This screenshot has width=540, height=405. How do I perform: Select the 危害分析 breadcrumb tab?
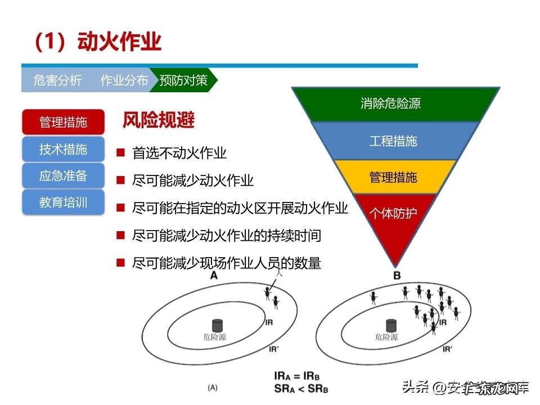tap(57, 80)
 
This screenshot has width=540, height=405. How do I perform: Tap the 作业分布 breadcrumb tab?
tap(124, 80)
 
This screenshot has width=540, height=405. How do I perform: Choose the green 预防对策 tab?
tap(183, 80)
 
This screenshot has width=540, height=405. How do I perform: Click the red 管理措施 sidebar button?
tap(63, 122)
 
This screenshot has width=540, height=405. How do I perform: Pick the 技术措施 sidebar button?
tap(63, 149)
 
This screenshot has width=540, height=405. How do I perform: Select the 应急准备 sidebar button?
tap(63, 175)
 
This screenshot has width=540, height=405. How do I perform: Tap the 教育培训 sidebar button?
tap(63, 202)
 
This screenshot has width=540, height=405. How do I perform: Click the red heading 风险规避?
tap(158, 120)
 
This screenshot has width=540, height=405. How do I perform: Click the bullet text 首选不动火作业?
tap(179, 153)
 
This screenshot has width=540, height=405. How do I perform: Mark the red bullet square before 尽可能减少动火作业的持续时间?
tap(120, 235)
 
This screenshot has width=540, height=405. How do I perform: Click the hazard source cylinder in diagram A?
tap(217, 326)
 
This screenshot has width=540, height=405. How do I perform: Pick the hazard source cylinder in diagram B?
tap(390, 326)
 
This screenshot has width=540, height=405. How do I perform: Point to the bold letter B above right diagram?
tap(397, 276)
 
